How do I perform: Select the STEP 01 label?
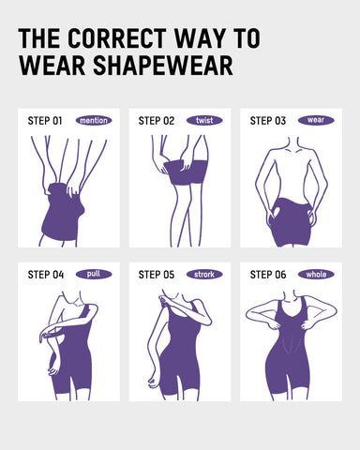(x=45, y=120)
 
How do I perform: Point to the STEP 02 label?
(x=157, y=120)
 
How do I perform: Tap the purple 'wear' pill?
(x=316, y=120)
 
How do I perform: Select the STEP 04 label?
(x=45, y=275)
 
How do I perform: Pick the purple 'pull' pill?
(x=94, y=275)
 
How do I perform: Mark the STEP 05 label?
(x=157, y=275)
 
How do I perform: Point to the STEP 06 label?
(x=268, y=275)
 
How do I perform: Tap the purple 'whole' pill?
(x=316, y=275)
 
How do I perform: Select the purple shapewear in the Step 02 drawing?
(x=185, y=177)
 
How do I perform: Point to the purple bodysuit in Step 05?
(x=180, y=361)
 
